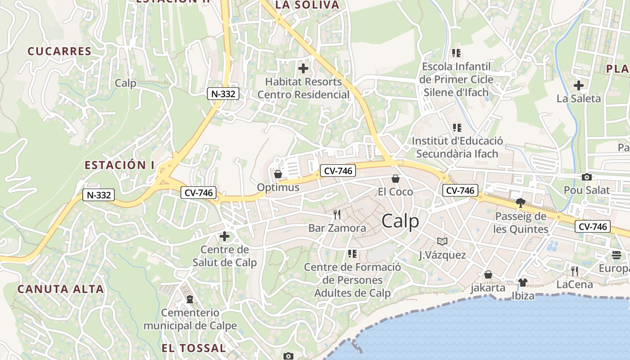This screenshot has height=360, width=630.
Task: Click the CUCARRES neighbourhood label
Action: coord(59,51)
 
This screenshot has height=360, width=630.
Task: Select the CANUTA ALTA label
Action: coord(61,289)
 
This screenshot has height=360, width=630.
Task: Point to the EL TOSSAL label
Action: coord(193,348)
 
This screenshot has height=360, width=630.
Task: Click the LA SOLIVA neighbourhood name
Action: coord(306,5)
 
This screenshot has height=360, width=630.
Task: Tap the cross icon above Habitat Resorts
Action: coord(304,68)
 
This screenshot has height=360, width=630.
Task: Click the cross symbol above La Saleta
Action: coord(579,85)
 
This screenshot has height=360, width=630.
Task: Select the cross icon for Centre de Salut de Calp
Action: coord(224,236)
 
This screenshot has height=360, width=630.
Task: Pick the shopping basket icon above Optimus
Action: coord(278,174)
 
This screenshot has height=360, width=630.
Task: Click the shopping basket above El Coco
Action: coord(396,179)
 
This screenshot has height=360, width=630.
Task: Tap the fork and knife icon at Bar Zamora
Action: coord(337,214)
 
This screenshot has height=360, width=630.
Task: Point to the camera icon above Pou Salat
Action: coord(587,177)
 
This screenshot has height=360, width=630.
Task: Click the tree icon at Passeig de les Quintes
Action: coord(521,202)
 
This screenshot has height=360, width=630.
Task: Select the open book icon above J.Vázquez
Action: coord(442,242)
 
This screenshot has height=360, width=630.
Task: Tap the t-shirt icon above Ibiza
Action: coord(522,282)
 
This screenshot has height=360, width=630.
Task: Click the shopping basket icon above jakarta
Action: coord(488,274)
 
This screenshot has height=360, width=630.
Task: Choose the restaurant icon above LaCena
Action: coord(574,271)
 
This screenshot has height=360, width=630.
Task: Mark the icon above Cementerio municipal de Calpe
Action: coord(190,299)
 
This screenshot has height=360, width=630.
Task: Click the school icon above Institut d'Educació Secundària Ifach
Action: coord(457,128)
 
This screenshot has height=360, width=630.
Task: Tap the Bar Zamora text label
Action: coord(337,228)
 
